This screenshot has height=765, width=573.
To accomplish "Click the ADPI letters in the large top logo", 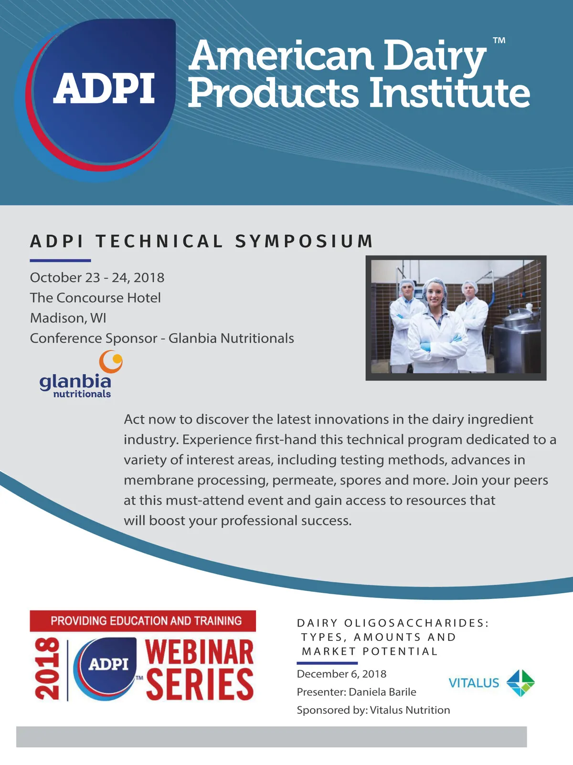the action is (x=104, y=88).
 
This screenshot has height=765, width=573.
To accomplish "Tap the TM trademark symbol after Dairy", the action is (x=499, y=40).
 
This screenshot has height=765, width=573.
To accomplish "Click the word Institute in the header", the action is (x=449, y=93).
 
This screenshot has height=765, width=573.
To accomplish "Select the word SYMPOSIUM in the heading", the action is (x=304, y=241).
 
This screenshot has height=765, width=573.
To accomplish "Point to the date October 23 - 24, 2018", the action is (x=97, y=277).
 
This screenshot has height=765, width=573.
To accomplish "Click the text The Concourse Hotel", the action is (x=95, y=298).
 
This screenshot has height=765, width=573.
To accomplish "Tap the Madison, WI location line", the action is (x=68, y=318).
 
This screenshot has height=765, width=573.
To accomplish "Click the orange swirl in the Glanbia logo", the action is (x=111, y=361).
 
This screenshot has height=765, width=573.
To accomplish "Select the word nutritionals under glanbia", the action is (x=82, y=394).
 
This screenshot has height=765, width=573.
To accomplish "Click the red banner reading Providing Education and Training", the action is (x=143, y=621).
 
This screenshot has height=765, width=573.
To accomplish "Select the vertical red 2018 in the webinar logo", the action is (x=47, y=669).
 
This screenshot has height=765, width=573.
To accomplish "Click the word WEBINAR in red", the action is (x=199, y=652).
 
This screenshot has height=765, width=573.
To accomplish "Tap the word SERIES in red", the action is (x=200, y=684).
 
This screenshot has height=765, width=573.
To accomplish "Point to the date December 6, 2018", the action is (x=341, y=674).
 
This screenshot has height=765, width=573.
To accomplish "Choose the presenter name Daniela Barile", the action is (x=382, y=692).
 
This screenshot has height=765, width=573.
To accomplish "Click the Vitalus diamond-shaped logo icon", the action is (x=520, y=683).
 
